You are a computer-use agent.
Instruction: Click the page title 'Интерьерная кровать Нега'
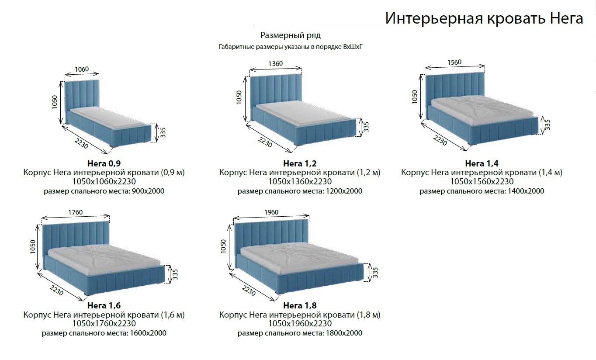(x=484, y=18)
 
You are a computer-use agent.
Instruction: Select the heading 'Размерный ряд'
(x=291, y=35)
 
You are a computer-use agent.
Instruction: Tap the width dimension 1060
(x=82, y=69)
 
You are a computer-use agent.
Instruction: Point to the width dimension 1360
(x=275, y=63)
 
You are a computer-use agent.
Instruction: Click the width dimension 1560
(x=454, y=62)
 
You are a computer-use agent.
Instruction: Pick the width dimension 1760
(x=75, y=212)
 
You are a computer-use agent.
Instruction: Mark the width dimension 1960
(x=271, y=212)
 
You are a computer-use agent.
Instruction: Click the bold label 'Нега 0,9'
(x=104, y=164)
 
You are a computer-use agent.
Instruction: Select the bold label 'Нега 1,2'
(x=300, y=164)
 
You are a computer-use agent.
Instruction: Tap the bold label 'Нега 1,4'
(x=482, y=164)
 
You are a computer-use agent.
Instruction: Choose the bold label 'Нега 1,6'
(x=104, y=305)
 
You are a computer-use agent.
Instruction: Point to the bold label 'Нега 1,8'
(x=300, y=305)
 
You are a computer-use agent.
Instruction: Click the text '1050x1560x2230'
(x=482, y=182)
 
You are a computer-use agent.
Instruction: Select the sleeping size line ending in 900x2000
(x=104, y=191)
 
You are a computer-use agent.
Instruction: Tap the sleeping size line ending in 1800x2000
(x=300, y=333)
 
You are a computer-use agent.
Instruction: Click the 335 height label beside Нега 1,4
(x=547, y=125)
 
